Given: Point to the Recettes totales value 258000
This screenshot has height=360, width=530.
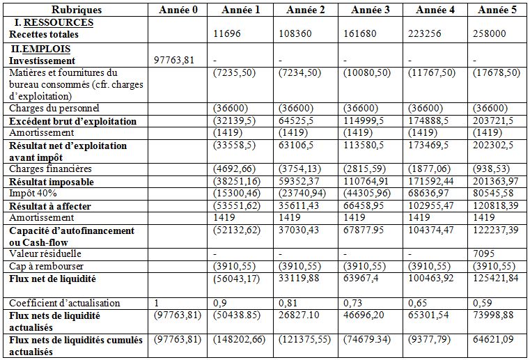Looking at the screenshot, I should [492, 34].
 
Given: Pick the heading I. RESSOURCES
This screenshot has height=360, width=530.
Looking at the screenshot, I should [53, 23].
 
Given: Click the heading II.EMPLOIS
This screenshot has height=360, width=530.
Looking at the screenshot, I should [40, 49].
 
